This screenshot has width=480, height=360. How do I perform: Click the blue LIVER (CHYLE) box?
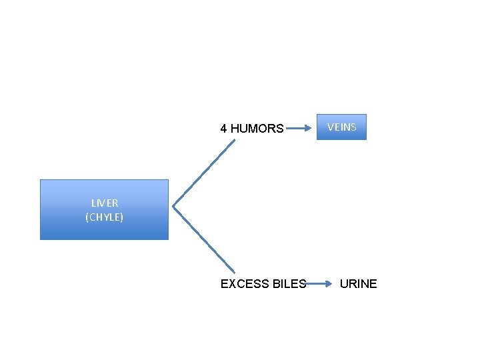tap(104, 209)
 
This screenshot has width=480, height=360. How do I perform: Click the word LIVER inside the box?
tap(105, 203)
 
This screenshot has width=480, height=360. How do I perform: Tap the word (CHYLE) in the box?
tap(105, 217)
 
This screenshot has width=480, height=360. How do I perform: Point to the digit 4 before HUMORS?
tap(223, 129)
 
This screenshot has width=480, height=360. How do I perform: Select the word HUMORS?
tap(257, 129)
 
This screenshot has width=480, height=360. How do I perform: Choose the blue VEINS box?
tap(341, 127)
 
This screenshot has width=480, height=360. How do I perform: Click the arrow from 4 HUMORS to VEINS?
tap(300, 127)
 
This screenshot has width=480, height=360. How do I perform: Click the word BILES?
tap(289, 284)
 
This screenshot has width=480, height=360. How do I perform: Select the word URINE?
tap(358, 284)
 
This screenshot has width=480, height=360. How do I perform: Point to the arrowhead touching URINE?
tap(328, 284)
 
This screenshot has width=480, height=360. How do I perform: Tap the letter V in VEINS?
tap(330, 127)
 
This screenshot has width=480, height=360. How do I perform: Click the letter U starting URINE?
tap(344, 284)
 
